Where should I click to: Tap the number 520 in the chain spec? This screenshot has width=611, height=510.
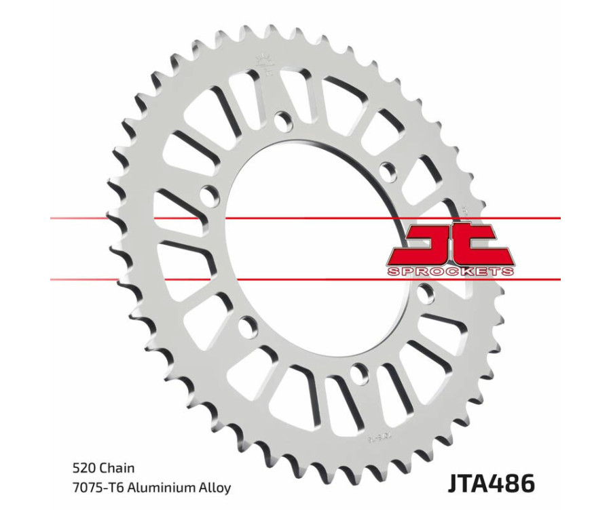pyautogui.click(x=84, y=468)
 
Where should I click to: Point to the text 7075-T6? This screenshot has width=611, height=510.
pyautogui.click(x=94, y=488)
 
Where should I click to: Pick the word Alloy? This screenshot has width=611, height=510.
pyautogui.click(x=215, y=488)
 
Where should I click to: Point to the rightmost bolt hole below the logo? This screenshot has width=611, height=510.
pyautogui.click(x=426, y=294)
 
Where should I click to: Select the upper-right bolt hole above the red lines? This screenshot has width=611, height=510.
pyautogui.click(x=388, y=168)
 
